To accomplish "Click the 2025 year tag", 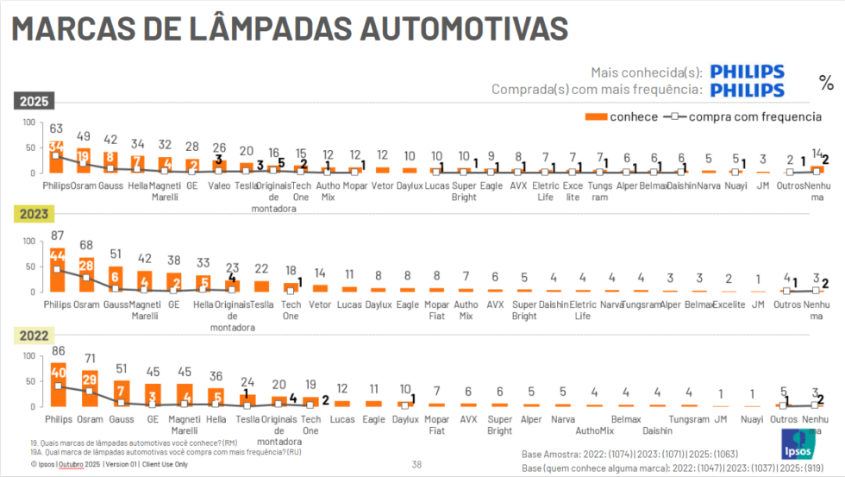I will tap(34, 102).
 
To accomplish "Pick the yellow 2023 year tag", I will tap(34, 215).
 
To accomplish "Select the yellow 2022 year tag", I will tap(34, 337).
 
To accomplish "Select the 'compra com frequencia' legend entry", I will tap(742, 116).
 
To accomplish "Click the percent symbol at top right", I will tap(826, 83).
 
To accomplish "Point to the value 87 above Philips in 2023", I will tap(57, 235).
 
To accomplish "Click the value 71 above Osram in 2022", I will tap(89, 358).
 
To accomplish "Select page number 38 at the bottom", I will tap(416, 464).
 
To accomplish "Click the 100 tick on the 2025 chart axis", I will tap(28, 122).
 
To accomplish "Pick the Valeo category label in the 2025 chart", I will tap(220, 185).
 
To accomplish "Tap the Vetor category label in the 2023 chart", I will tap(320, 304).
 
